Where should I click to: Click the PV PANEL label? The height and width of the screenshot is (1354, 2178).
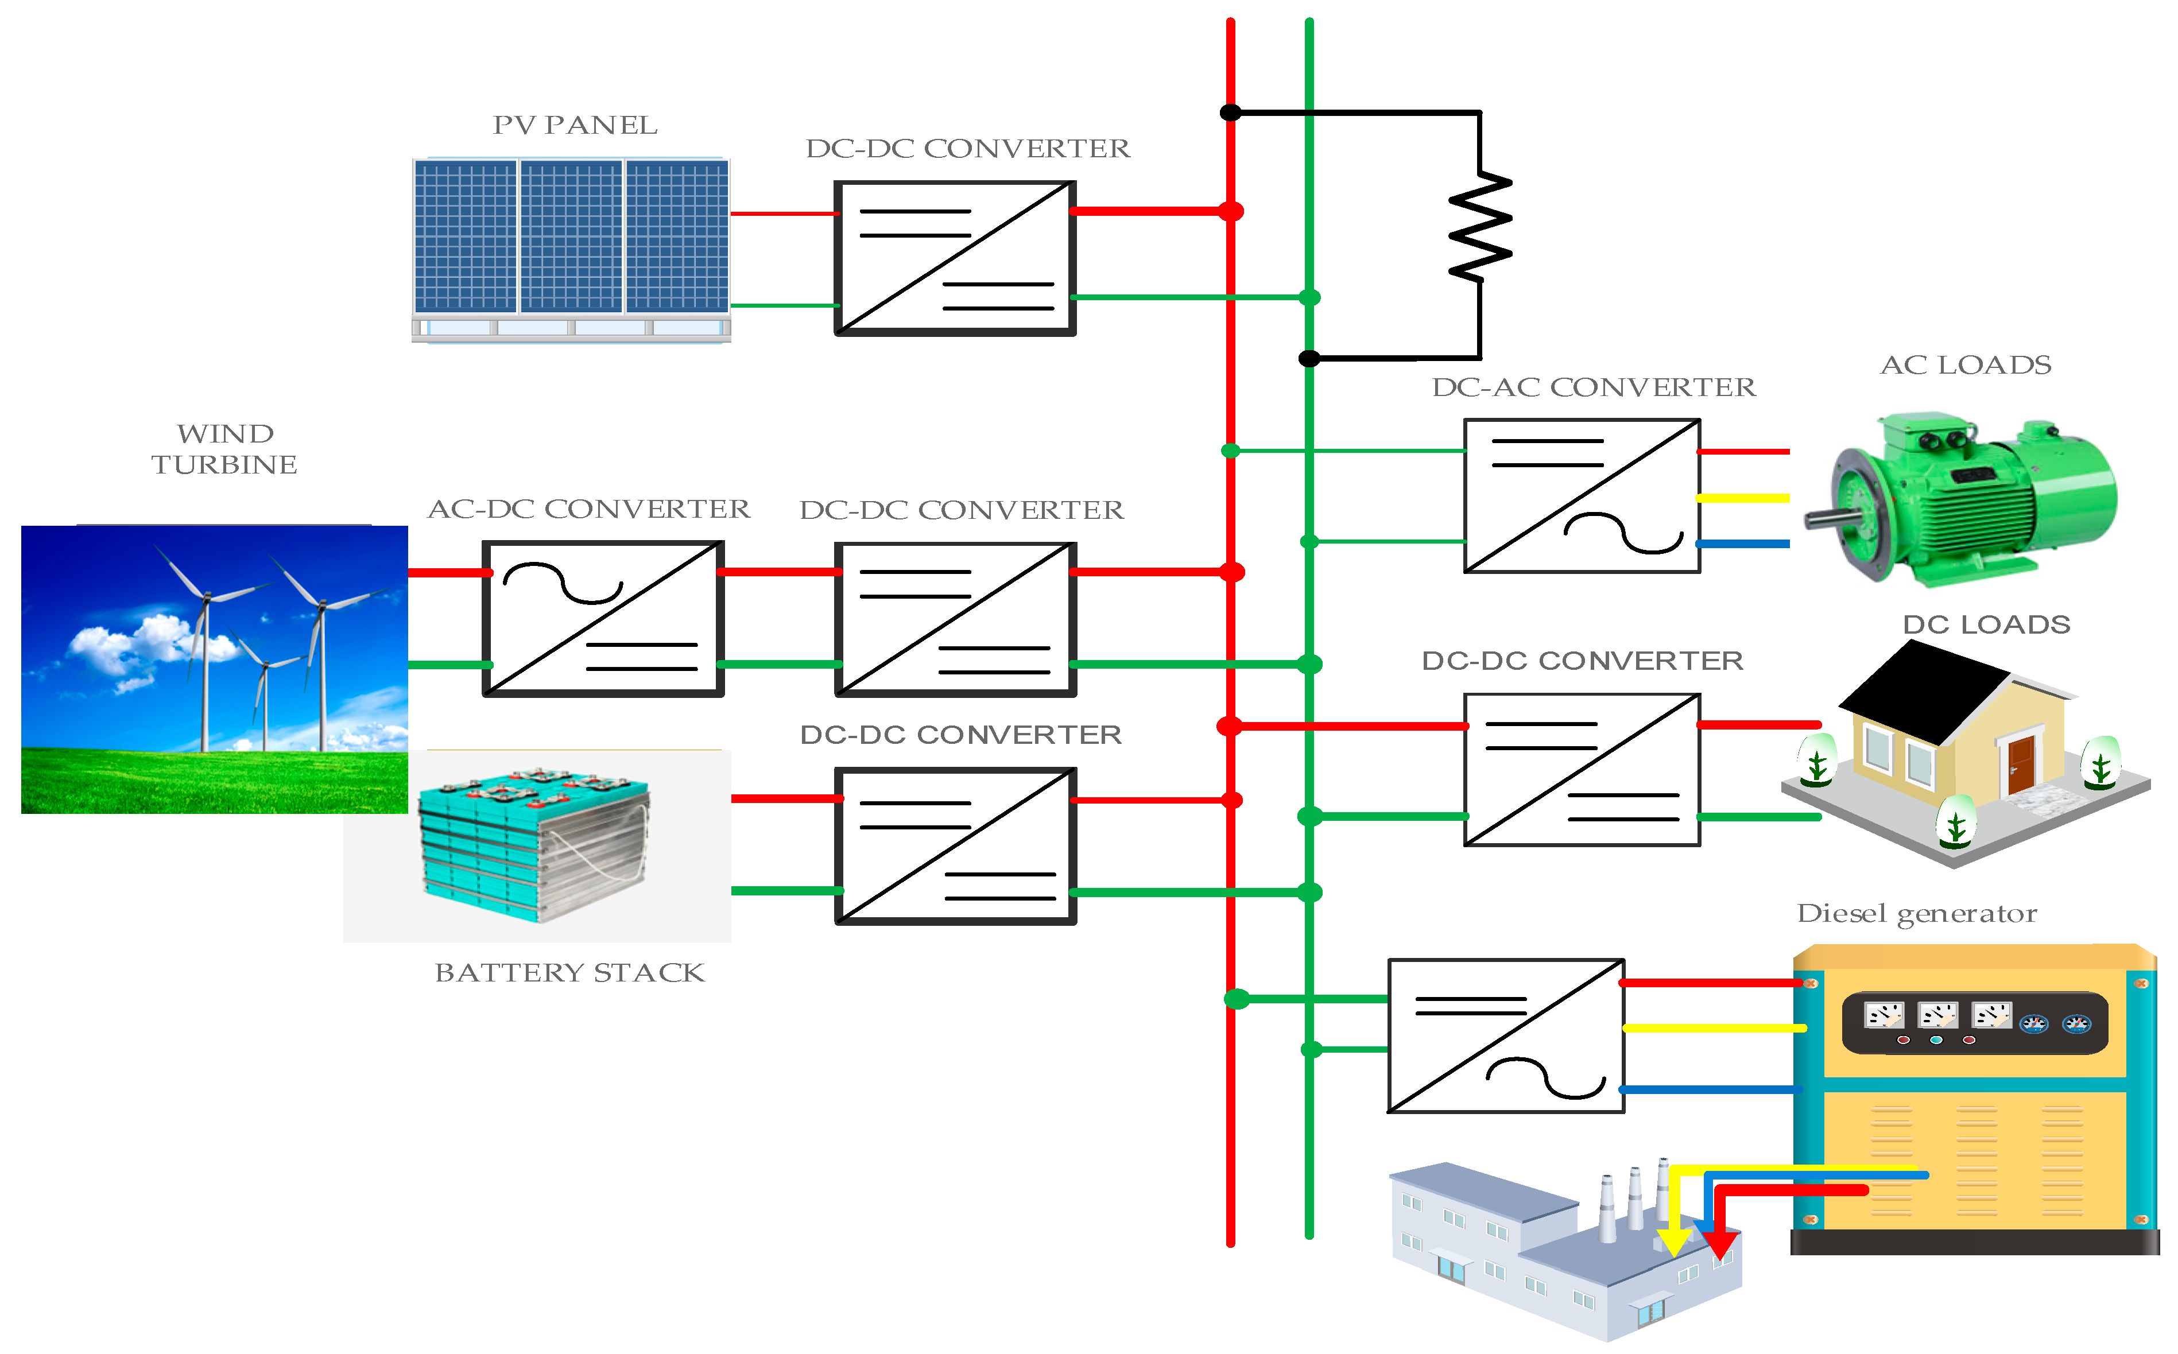tap(575, 125)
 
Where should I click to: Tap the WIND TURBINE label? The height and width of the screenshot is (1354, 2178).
tap(225, 449)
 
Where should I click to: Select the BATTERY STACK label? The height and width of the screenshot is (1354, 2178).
tap(569, 972)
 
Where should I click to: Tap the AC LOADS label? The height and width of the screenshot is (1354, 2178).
tap(1966, 366)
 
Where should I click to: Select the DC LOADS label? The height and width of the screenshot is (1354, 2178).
tap(1986, 625)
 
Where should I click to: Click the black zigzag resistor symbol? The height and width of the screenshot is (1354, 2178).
tap(1481, 227)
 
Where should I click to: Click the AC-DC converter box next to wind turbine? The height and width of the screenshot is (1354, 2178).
tap(603, 619)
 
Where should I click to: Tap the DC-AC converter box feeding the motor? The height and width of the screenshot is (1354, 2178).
tap(1582, 496)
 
